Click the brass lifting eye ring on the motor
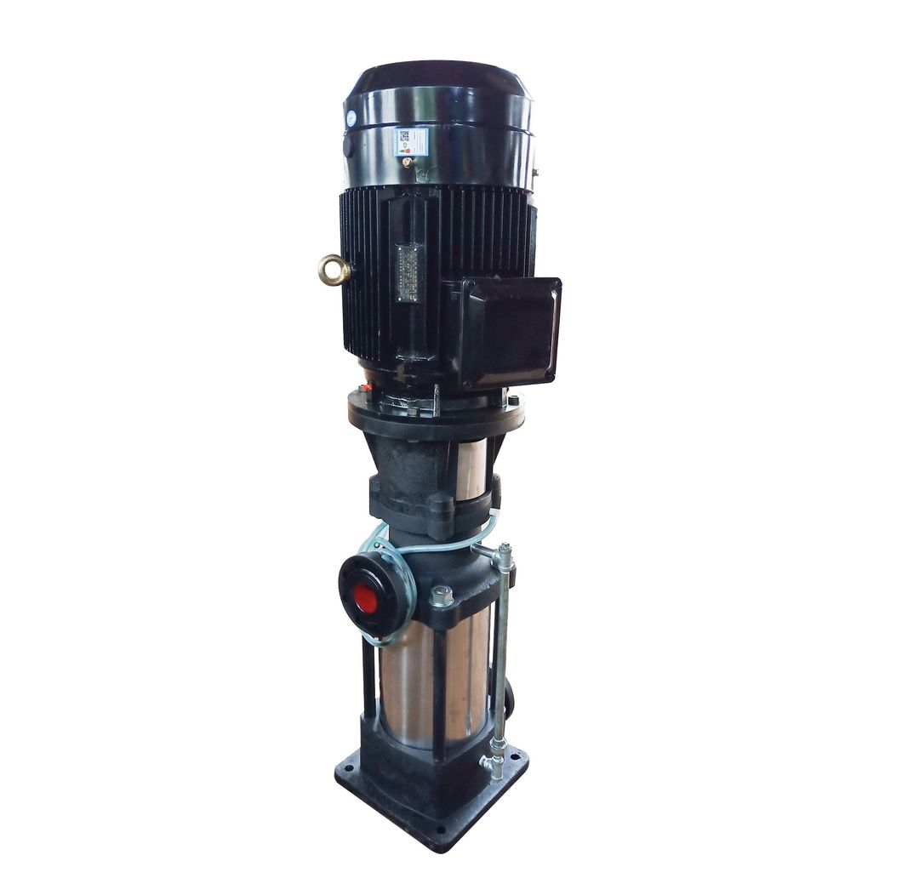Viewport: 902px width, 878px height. pyautogui.click(x=334, y=270)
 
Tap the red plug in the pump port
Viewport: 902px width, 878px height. pyautogui.click(x=365, y=598)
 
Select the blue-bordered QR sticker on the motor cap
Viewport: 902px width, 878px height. pyautogui.click(x=410, y=141)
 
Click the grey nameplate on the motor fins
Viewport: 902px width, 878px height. pyautogui.click(x=408, y=273)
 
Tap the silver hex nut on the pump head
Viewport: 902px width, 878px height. pyautogui.click(x=441, y=596)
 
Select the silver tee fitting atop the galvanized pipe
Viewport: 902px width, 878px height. pyautogui.click(x=502, y=558)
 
